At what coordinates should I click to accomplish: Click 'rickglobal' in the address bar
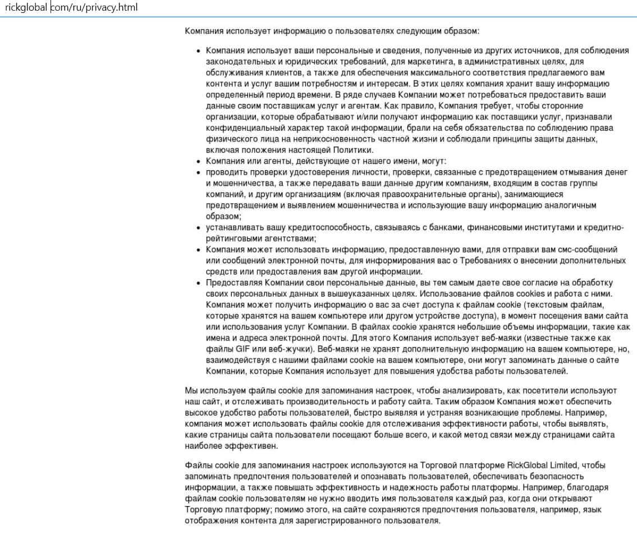(x=25, y=8)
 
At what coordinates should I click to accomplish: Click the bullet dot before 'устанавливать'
(x=198, y=227)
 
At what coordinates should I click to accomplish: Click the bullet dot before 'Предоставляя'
(x=198, y=282)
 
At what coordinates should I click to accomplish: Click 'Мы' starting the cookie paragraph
(x=191, y=390)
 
